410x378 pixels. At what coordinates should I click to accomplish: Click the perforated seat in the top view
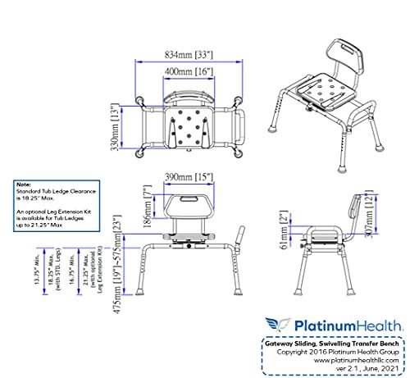pyautogui.click(x=190, y=126)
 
